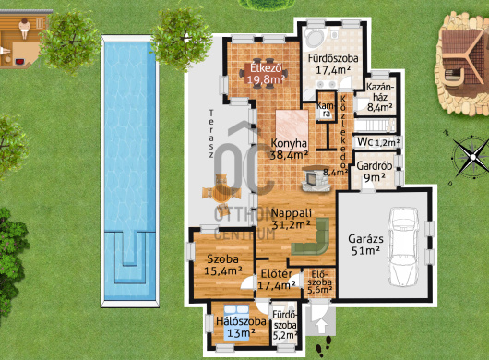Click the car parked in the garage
coord(403,246)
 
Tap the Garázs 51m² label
coord(365,245)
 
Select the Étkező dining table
coord(264,73)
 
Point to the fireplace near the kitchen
coord(316,178)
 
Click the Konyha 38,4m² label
coord(289,149)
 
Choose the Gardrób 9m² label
coord(375,171)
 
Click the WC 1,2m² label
coord(378,142)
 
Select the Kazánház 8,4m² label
coord(380,97)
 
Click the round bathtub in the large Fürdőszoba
coord(315,39)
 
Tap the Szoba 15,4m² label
coord(223,265)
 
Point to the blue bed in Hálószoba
coord(237,322)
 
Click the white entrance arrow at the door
coord(321,327)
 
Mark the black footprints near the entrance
coord(324,347)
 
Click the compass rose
coord(471,157)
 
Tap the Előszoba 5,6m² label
coord(319,282)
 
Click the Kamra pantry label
coord(326,110)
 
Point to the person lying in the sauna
coord(24,28)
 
